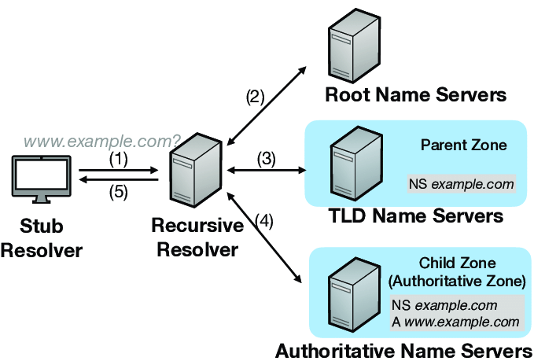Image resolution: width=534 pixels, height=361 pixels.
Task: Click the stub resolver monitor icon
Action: pyautogui.click(x=42, y=180)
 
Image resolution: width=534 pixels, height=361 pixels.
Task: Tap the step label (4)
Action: pyautogui.click(x=265, y=221)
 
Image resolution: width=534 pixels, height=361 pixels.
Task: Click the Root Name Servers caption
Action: pyautogui.click(x=415, y=97)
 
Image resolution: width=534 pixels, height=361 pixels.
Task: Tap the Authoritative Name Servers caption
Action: pyautogui.click(x=403, y=350)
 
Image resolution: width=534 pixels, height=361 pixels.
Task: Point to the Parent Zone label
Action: pyautogui.click(x=463, y=145)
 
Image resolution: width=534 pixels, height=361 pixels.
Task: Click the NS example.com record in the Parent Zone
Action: pyautogui.click(x=461, y=185)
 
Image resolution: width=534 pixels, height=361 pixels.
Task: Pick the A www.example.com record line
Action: pyautogui.click(x=455, y=322)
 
